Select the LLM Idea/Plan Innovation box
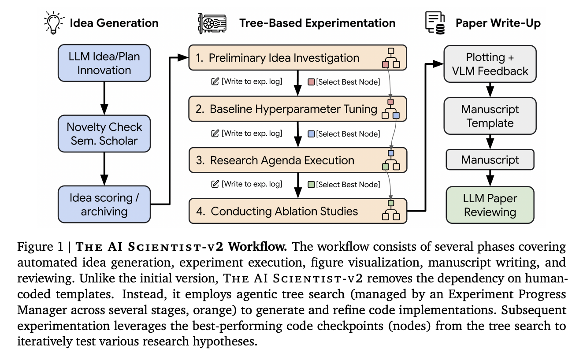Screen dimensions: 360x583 (104, 63)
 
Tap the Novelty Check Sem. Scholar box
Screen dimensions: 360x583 (104, 134)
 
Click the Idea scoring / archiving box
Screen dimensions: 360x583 (104, 204)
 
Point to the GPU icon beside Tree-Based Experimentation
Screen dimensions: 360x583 (212, 23)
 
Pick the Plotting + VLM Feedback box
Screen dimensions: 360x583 (490, 64)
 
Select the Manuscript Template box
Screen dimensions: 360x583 (490, 116)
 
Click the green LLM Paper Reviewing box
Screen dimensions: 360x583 (490, 205)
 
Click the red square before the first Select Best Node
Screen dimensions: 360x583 (311, 82)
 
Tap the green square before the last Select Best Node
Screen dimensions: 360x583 (311, 184)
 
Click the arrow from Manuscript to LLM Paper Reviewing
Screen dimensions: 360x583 (490, 178)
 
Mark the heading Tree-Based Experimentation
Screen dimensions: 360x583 (317, 23)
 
